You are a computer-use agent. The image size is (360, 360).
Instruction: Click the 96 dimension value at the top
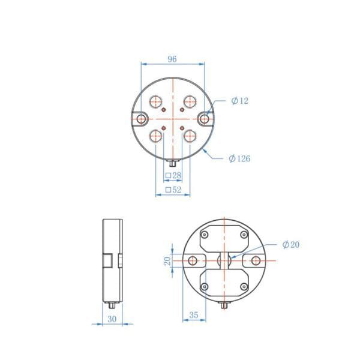pos(172,59)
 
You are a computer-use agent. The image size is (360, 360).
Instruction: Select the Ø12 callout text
pos(239,101)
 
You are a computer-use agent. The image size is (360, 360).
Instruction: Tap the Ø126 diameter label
pos(239,158)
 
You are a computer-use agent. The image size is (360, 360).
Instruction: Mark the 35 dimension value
pos(194,314)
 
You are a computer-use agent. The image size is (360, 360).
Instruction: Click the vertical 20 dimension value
pos(167,261)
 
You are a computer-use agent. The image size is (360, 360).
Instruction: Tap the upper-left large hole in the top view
pos(155,101)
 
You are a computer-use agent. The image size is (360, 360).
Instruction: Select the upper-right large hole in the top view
pos(189,101)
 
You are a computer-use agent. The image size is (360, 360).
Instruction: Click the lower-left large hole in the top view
pos(155,136)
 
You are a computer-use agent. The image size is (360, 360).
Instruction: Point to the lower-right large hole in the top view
pos(189,136)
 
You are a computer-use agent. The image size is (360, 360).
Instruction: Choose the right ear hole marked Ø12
pos(205,119)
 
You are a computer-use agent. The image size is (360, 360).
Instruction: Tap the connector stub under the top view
pos(173,162)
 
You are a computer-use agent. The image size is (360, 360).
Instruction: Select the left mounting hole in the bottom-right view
pos(193,261)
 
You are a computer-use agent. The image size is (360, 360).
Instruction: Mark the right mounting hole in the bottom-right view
pos(256,261)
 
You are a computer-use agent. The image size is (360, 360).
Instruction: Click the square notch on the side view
pos(107,261)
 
